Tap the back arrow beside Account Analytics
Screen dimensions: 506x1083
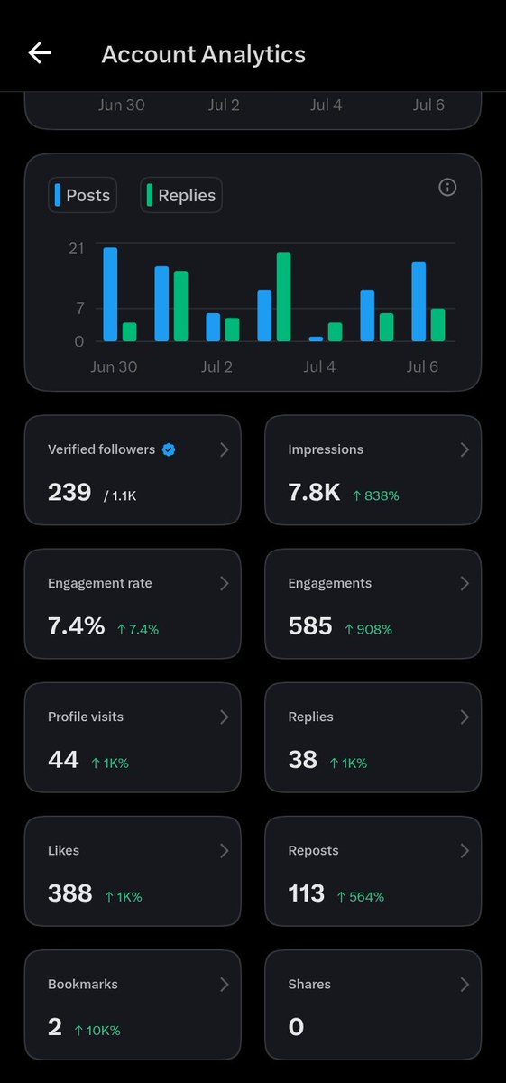tap(40, 52)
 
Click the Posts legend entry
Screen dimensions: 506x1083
tap(83, 195)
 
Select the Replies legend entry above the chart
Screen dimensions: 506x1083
tap(181, 195)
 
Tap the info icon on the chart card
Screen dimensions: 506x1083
tap(447, 187)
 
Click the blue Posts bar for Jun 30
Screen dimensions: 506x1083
tap(110, 294)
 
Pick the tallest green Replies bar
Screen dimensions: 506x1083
tap(284, 297)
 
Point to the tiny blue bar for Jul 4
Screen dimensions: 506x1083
tap(316, 339)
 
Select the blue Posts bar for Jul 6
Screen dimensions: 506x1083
tap(419, 301)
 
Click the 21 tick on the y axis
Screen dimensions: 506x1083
tap(77, 248)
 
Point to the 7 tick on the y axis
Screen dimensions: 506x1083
tap(80, 308)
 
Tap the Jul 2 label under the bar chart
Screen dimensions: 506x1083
tap(216, 366)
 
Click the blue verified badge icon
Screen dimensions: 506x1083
tap(169, 449)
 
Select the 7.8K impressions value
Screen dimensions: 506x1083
tap(314, 492)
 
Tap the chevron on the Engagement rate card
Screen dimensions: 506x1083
tap(225, 584)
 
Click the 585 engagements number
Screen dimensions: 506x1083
tap(310, 626)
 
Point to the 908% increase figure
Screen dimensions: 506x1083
tap(369, 630)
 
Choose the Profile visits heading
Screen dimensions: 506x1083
tap(86, 717)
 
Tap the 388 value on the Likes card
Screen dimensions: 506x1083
tap(70, 893)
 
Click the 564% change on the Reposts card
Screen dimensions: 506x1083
tap(361, 897)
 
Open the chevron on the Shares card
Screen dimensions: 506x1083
tap(465, 985)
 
